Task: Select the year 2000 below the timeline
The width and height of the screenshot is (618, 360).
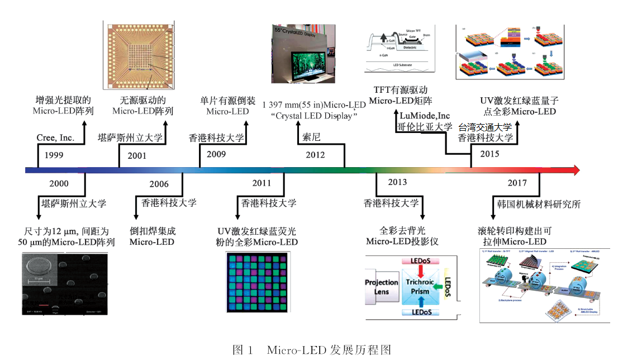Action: click(x=59, y=183)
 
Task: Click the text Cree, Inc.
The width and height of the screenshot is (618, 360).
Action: click(x=55, y=138)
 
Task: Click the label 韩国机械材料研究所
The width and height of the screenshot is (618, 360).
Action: click(x=539, y=204)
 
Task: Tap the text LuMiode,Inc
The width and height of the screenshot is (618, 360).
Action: click(x=425, y=116)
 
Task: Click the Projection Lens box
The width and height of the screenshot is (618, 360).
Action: click(x=382, y=287)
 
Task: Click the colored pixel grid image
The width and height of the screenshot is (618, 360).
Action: click(x=258, y=282)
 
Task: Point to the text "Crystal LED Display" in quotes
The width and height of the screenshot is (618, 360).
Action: click(x=313, y=116)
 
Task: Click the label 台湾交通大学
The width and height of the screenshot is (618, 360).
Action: click(x=484, y=127)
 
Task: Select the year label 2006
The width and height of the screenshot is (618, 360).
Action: click(x=159, y=184)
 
